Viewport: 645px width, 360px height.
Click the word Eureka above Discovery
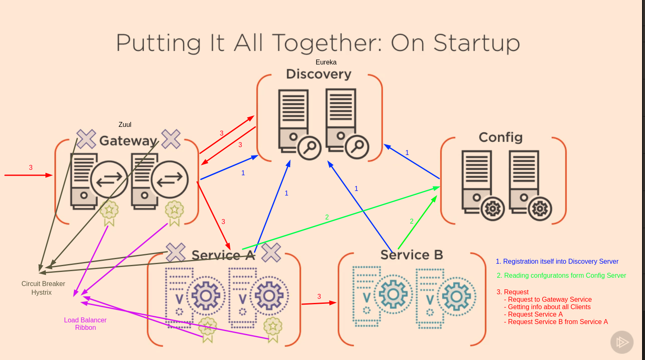(326, 62)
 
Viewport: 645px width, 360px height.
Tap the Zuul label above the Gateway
(125, 124)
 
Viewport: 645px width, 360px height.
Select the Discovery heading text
(319, 74)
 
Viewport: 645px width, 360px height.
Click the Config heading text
(500, 137)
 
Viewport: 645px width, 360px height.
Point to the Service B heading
(412, 255)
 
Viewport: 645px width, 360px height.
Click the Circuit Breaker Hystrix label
(43, 288)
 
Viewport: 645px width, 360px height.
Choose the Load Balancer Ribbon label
(85, 324)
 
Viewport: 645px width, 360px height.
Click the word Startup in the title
(476, 43)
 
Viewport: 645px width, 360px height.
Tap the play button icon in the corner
(622, 342)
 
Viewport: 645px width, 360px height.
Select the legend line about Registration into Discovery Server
(557, 261)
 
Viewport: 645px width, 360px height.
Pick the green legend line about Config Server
(561, 275)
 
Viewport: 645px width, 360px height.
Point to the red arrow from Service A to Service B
(319, 303)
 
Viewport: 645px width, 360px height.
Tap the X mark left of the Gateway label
(86, 139)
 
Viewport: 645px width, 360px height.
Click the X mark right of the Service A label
(271, 252)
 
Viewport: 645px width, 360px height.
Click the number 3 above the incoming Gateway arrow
(31, 167)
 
